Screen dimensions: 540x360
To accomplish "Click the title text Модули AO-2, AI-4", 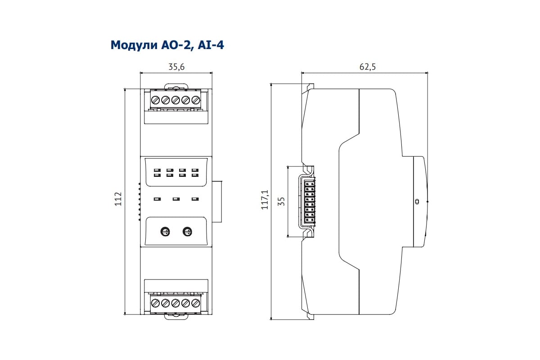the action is coord(167,45).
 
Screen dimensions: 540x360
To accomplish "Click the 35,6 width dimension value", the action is coord(176,67).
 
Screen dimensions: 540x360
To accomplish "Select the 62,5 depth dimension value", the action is coord(367,67).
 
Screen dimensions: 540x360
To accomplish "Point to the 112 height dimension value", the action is coord(118,199).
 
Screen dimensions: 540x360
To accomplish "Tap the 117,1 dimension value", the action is coord(265,200).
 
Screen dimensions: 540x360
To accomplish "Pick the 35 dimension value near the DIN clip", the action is coord(281,201).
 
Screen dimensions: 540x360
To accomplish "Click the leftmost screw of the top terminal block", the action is coord(156,100).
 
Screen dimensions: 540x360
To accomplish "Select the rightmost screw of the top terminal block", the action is coord(195,100).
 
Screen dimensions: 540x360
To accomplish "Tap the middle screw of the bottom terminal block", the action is coord(175,303).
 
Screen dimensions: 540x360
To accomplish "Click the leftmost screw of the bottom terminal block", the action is coord(156,303).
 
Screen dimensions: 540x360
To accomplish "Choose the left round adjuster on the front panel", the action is coord(165,232).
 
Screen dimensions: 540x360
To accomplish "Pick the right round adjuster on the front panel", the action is coord(187,232).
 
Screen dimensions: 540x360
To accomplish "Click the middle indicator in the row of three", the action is coord(176,199).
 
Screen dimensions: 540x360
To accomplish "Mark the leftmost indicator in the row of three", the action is coord(157,199).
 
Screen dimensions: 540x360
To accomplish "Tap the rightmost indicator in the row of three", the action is coord(195,199).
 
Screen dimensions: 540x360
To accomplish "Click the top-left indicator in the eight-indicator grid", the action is coord(157,170).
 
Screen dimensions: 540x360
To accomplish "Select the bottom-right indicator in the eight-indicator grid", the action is coord(195,175).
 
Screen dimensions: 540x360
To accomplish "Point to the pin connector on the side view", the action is coord(310,201).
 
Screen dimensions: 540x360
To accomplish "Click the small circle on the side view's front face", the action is coord(417,201).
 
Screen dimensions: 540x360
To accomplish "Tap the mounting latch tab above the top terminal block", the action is coord(176,87).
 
